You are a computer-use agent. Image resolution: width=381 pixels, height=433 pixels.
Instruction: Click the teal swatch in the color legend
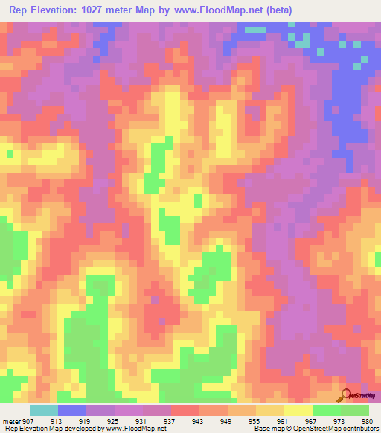click(x=43, y=410)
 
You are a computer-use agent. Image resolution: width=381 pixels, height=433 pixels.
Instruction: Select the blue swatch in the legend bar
click(x=71, y=410)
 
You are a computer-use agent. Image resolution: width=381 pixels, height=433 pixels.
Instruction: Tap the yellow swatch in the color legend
click(x=298, y=410)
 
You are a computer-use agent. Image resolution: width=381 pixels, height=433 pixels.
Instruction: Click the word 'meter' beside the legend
click(x=11, y=420)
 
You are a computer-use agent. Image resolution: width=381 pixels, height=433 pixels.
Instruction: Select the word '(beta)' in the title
click(x=279, y=10)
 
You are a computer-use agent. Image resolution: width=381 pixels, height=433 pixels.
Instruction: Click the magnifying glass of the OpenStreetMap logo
click(x=344, y=395)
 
